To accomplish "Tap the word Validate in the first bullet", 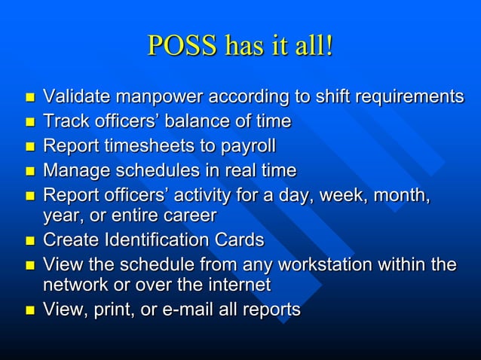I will (73, 96).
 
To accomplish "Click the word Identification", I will (152, 240).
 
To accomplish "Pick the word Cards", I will (237, 240).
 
